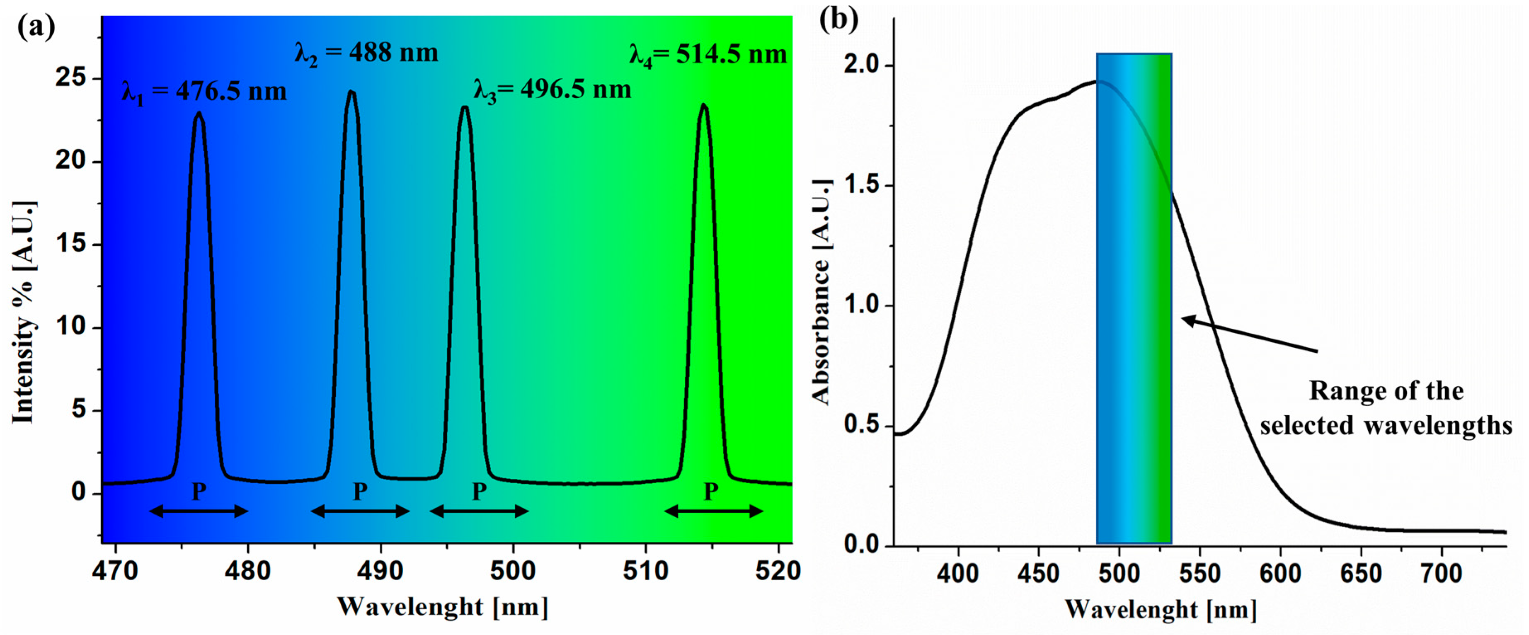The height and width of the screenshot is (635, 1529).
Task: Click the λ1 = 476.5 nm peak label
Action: pyautogui.click(x=204, y=92)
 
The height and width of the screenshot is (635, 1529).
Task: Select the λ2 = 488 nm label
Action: pyautogui.click(x=366, y=53)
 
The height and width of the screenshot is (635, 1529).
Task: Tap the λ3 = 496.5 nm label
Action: pyautogui.click(x=552, y=90)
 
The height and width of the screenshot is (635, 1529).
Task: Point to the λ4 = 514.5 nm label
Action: pyautogui.click(x=708, y=55)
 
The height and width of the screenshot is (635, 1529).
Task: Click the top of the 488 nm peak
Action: pyautogui.click(x=351, y=92)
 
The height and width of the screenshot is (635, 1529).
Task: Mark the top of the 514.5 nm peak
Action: pyautogui.click(x=704, y=106)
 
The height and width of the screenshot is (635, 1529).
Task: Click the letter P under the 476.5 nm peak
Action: pyautogui.click(x=199, y=492)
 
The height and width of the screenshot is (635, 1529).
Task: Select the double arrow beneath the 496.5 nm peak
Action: pyautogui.click(x=479, y=511)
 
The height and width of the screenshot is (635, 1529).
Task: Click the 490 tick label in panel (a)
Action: pyautogui.click(x=380, y=571)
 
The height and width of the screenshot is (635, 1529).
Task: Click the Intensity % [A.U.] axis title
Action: pyautogui.click(x=24, y=313)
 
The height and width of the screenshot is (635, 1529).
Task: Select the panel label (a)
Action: pyautogui.click(x=36, y=27)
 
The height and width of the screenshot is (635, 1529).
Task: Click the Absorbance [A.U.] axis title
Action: pyautogui.click(x=821, y=292)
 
